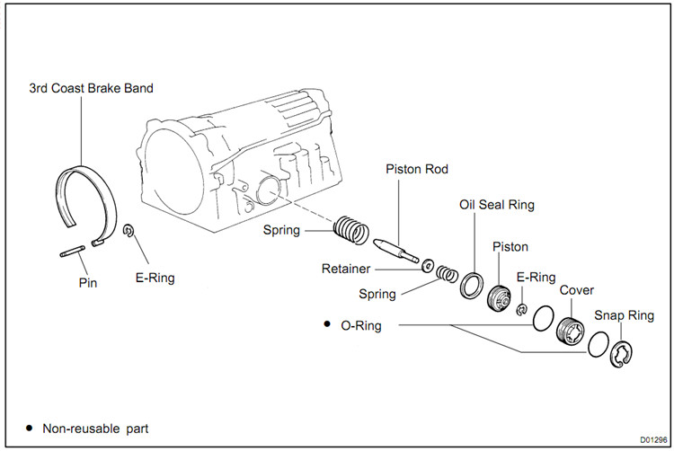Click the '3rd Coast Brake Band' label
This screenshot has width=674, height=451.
coord(90,88)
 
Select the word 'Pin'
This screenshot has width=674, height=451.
coord(87,283)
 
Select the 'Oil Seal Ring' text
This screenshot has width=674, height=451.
coord(497,205)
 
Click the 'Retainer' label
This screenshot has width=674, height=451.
coord(346,269)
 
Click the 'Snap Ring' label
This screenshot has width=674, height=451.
coord(624,315)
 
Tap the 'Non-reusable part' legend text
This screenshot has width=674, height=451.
coord(95,428)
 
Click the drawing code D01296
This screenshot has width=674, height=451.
coord(652,439)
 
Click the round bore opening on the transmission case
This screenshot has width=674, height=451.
coord(268,191)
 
